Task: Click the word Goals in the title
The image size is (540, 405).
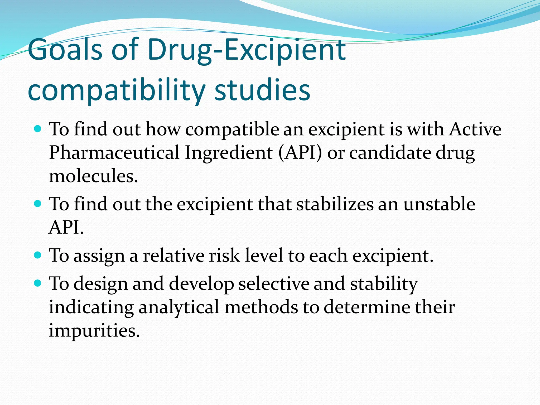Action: pos(65,50)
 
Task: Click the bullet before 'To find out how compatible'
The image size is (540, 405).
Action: pos(38,129)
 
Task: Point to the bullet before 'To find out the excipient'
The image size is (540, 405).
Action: pos(38,204)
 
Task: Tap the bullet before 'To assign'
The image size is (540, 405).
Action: pos(38,255)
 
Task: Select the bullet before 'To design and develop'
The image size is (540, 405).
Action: pos(38,283)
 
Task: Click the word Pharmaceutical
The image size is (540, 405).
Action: pos(114,153)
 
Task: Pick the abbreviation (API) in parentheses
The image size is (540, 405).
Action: pos(300,153)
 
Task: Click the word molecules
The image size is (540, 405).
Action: pos(93,176)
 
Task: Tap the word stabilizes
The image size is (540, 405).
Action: pos(335,204)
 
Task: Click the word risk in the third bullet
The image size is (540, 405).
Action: pos(224,255)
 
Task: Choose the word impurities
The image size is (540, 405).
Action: pos(94,330)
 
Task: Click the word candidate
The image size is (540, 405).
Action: pos(390,153)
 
